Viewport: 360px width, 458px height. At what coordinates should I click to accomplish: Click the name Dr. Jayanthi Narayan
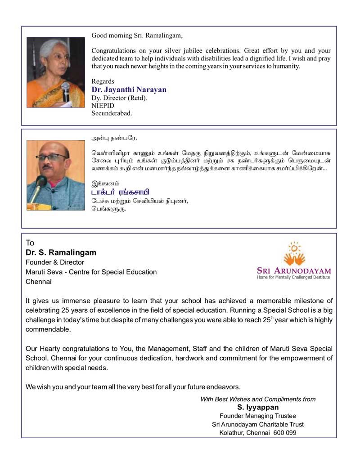pyautogui.click(x=129, y=90)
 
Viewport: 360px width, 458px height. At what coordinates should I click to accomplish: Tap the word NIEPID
pyautogui.click(x=102, y=105)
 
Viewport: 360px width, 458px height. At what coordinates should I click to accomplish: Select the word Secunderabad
pyautogui.click(x=112, y=113)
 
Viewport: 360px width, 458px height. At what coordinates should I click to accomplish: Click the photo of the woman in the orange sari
pyautogui.click(x=55, y=72)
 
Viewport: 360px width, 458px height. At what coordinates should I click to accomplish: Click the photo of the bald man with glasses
pyautogui.click(x=55, y=175)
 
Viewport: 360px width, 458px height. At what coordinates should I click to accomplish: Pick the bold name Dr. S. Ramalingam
pyautogui.click(x=61, y=252)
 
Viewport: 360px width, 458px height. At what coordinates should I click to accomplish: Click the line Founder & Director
pyautogui.click(x=55, y=262)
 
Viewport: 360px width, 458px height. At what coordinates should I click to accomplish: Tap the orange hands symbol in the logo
pyautogui.click(x=295, y=257)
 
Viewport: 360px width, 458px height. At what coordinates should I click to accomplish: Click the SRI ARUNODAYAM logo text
pyautogui.click(x=294, y=271)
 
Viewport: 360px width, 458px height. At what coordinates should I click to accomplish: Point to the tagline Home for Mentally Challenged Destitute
pyautogui.click(x=293, y=278)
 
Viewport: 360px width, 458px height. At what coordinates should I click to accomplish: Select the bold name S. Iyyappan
pyautogui.click(x=258, y=408)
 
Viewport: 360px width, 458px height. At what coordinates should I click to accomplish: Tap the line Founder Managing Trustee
pyautogui.click(x=258, y=416)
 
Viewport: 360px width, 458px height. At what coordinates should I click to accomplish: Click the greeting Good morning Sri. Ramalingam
pyautogui.click(x=137, y=35)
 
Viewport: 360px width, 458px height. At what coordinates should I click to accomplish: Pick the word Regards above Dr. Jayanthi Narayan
pyautogui.click(x=103, y=81)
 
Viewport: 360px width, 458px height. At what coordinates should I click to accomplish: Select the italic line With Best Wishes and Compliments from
pyautogui.click(x=258, y=399)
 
